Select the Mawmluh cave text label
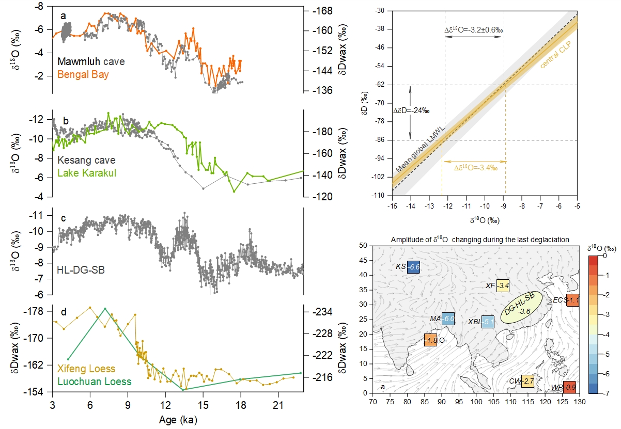click(x=91, y=62)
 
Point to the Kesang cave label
click(x=86, y=160)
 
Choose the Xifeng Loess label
click(x=86, y=369)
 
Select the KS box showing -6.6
click(x=413, y=267)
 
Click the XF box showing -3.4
click(x=503, y=285)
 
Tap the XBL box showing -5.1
click(x=488, y=322)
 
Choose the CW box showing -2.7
click(x=527, y=382)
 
